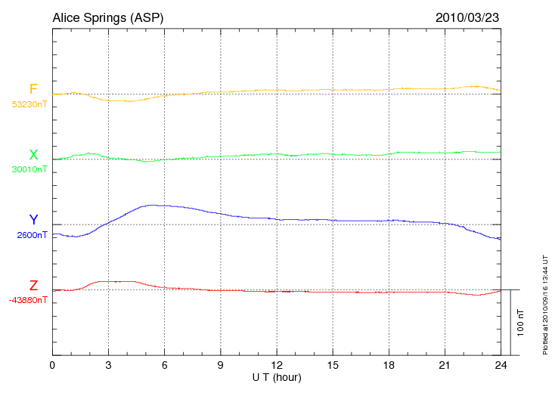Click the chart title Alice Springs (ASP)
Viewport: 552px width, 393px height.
tap(107, 17)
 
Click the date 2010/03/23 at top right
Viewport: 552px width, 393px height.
tap(467, 17)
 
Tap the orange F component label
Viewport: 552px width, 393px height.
tap(33, 89)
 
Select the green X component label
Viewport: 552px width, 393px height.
tap(33, 155)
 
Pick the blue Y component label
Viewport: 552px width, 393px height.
tap(33, 220)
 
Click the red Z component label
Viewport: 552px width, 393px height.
tap(33, 286)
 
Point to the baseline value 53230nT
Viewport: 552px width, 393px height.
tap(29, 104)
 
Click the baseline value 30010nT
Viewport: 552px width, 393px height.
tap(29, 169)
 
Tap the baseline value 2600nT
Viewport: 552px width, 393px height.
tap(32, 235)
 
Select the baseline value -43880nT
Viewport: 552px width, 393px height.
tap(29, 300)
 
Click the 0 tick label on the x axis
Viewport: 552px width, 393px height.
tap(52, 366)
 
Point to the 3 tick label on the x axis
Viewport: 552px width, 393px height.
tap(108, 366)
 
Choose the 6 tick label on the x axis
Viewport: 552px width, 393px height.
tap(164, 366)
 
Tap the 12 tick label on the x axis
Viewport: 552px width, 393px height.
tap(277, 366)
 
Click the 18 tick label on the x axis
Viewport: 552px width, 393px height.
tap(389, 366)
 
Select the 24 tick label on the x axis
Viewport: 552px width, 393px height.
tap(501, 366)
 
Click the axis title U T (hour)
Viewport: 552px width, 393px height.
tap(277, 377)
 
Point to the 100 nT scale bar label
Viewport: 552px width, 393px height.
tap(521, 323)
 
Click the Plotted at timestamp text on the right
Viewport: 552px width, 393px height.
tap(544, 303)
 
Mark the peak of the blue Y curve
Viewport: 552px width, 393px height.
tap(154, 205)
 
